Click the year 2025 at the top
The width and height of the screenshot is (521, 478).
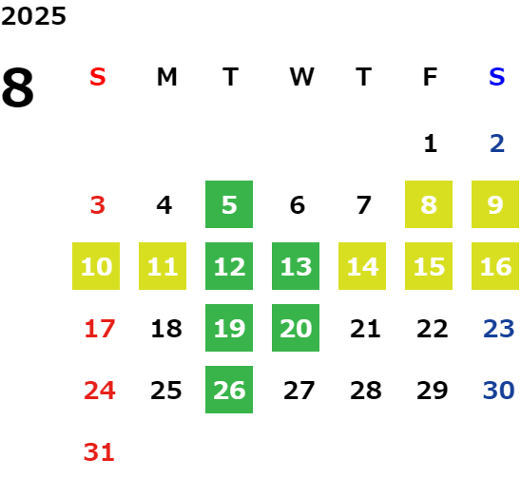click(x=33, y=16)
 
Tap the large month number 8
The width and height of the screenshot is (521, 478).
click(x=18, y=87)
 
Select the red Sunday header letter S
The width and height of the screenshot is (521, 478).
click(x=98, y=77)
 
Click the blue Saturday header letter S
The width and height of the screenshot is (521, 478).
click(x=496, y=77)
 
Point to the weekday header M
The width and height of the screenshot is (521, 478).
click(x=166, y=77)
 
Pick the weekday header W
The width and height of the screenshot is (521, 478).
click(x=301, y=77)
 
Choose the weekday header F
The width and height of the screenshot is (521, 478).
click(x=431, y=77)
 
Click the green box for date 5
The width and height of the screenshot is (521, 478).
click(x=229, y=204)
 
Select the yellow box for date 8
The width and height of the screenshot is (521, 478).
click(x=429, y=204)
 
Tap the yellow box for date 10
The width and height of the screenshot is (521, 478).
click(x=96, y=266)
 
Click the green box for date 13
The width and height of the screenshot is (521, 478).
click(x=296, y=266)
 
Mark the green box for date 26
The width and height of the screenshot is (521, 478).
click(x=229, y=390)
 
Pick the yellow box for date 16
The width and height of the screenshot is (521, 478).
click(x=495, y=266)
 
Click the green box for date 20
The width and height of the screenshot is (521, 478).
click(x=296, y=328)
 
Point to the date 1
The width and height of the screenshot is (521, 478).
click(x=431, y=143)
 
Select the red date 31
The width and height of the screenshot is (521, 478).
click(x=99, y=452)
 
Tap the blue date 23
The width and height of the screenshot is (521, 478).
click(x=499, y=329)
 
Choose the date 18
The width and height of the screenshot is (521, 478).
click(x=166, y=329)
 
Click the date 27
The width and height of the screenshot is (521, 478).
click(x=299, y=391)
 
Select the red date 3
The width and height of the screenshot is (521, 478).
click(x=98, y=205)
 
